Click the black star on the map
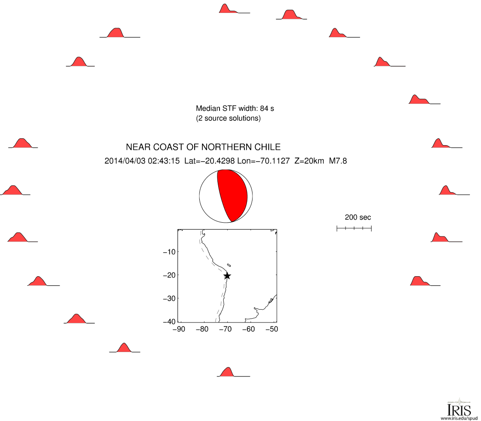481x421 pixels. tap(227, 276)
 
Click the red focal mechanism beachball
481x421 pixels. tap(226, 196)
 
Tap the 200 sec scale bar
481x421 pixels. tap(354, 228)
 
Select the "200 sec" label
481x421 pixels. tap(358, 217)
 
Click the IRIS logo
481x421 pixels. tap(459, 408)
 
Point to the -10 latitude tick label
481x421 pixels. tap(169, 252)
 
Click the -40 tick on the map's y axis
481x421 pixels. tap(169, 321)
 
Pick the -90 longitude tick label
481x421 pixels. tap(179, 329)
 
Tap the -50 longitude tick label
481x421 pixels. tap(272, 329)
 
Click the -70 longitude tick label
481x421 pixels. tap(225, 329)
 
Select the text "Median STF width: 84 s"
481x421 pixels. tap(235, 108)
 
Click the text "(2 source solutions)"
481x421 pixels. tap(228, 118)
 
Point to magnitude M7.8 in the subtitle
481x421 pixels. tap(338, 161)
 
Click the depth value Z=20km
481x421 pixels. tap(309, 161)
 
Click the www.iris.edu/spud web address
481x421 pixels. tap(459, 418)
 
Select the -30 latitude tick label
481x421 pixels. tap(169, 299)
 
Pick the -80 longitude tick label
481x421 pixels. tap(202, 329)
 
